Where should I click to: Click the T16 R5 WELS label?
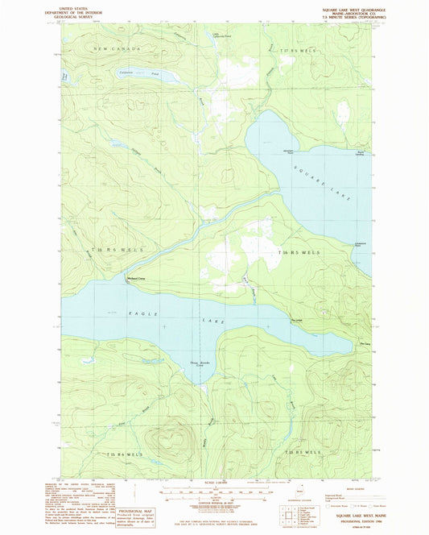pos(299,252)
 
